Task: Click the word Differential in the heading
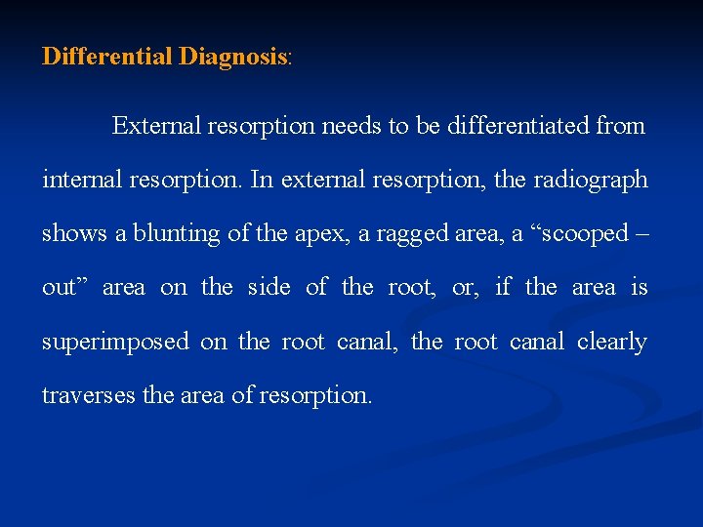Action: click(x=107, y=57)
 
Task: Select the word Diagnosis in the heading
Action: click(x=233, y=57)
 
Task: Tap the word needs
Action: click(x=353, y=126)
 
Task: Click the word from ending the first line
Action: click(x=621, y=126)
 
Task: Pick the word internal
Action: click(x=80, y=181)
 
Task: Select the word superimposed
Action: click(x=114, y=343)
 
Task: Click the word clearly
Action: click(x=612, y=343)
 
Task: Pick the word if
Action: click(x=503, y=288)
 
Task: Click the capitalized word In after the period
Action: click(x=261, y=181)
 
